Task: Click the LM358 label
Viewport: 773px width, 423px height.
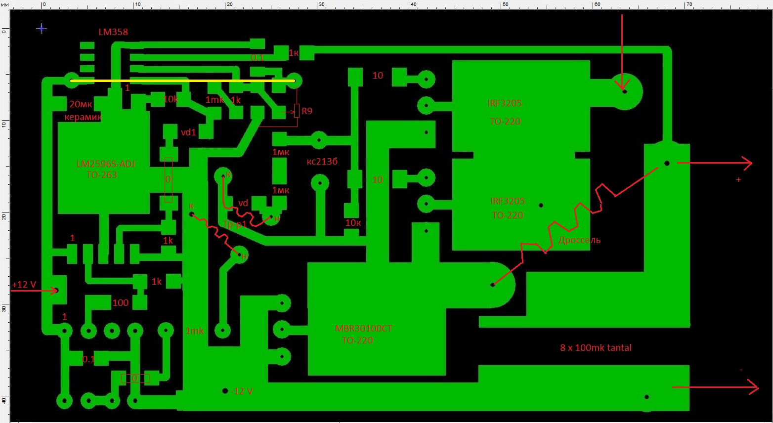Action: click(113, 32)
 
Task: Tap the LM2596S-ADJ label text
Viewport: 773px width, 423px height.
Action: click(106, 164)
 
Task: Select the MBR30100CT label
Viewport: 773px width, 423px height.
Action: click(363, 329)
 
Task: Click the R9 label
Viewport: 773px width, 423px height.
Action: click(307, 111)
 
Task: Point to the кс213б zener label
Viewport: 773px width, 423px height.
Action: click(322, 162)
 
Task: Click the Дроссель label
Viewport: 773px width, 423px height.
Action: click(579, 240)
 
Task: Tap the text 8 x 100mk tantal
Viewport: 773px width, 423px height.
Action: click(596, 348)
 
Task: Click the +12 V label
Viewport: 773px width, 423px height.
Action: click(24, 285)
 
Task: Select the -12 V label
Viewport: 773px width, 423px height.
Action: click(242, 391)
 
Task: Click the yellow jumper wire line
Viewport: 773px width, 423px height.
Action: click(183, 81)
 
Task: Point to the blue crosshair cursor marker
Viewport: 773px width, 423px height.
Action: click(42, 29)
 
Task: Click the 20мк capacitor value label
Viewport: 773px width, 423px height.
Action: click(81, 104)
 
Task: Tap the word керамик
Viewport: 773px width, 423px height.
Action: click(83, 118)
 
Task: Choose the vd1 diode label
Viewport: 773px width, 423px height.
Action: click(188, 132)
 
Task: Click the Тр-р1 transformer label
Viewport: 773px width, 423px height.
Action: click(235, 225)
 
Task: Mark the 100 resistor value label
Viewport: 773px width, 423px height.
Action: click(121, 303)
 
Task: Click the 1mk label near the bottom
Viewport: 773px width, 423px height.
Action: click(195, 331)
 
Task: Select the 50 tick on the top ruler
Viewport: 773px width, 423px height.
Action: click(505, 4)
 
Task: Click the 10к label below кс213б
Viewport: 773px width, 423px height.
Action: click(353, 223)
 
